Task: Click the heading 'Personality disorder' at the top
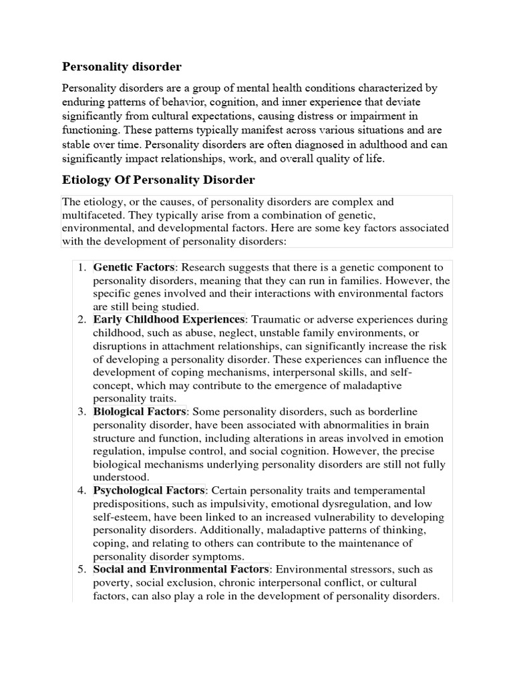pyautogui.click(x=122, y=67)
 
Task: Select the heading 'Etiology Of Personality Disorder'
pyautogui.click(x=158, y=180)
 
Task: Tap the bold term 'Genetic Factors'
pyautogui.click(x=134, y=267)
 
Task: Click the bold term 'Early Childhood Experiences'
pyautogui.click(x=169, y=320)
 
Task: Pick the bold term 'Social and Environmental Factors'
pyautogui.click(x=181, y=569)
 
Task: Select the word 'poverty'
pyautogui.click(x=112, y=582)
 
